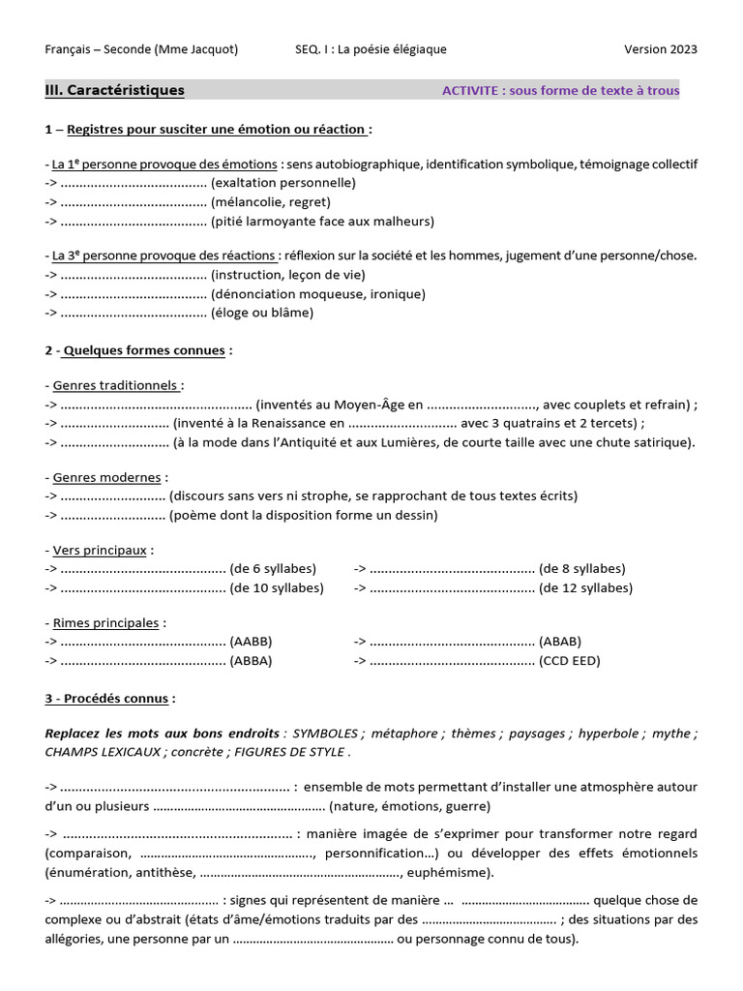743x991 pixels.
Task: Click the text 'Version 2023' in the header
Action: [661, 49]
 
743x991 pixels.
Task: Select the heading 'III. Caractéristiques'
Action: [114, 90]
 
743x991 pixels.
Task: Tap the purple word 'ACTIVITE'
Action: [473, 91]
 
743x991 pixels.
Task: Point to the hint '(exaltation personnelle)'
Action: [283, 183]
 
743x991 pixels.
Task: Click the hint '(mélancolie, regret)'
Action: [271, 202]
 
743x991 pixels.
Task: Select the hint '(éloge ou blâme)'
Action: [262, 313]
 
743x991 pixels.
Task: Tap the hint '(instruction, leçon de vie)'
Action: [287, 275]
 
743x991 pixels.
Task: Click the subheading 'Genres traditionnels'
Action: [117, 385]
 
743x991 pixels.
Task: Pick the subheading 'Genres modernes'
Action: [109, 477]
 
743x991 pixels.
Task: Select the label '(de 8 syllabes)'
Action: [582, 569]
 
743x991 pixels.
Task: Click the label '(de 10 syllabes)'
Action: [277, 587]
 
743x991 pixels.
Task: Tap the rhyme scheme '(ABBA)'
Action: [251, 661]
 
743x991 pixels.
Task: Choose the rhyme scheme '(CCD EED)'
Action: [570, 661]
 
